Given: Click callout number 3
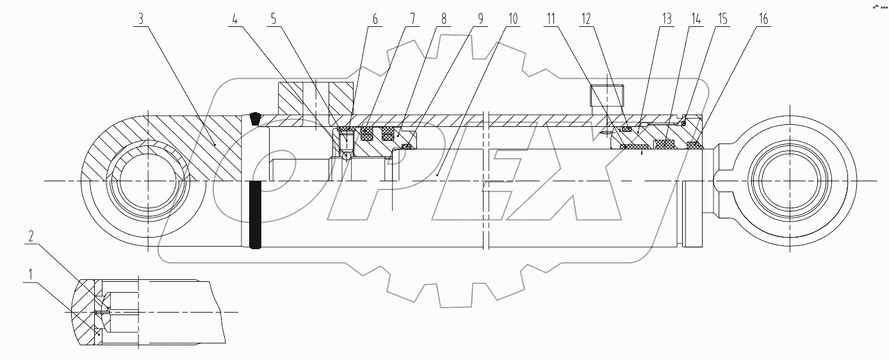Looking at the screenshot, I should point(140,19).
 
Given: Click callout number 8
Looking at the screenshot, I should point(443,19).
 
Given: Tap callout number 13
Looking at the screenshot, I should point(667,19).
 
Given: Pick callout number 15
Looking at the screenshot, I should point(722,19).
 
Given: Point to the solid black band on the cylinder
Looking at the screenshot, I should point(256,215).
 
